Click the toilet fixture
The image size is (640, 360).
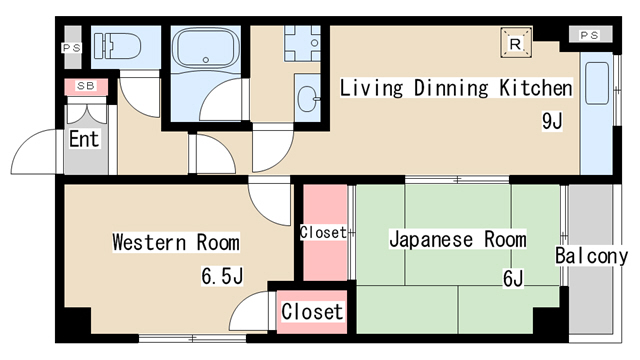[x=117, y=46]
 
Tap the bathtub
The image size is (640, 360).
[x=206, y=48]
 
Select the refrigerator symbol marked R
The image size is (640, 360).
[x=516, y=42]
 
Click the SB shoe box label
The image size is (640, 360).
[x=86, y=86]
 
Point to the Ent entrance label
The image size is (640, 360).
[x=84, y=139]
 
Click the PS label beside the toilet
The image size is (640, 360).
[x=71, y=48]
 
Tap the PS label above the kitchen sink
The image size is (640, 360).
[x=590, y=36]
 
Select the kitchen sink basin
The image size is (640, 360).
[x=597, y=83]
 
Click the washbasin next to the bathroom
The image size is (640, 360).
[x=308, y=99]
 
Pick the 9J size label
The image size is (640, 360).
[x=552, y=120]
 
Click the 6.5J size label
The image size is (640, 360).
[x=222, y=276]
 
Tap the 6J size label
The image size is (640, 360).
[x=513, y=279]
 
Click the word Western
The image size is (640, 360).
[x=149, y=242]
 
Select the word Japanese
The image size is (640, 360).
[x=431, y=239]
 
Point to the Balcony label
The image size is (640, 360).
[x=591, y=256]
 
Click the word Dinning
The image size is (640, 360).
[x=451, y=88]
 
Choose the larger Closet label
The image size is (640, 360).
[x=312, y=311]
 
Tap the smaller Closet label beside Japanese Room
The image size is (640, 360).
[x=323, y=232]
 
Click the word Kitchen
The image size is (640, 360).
[x=536, y=88]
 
